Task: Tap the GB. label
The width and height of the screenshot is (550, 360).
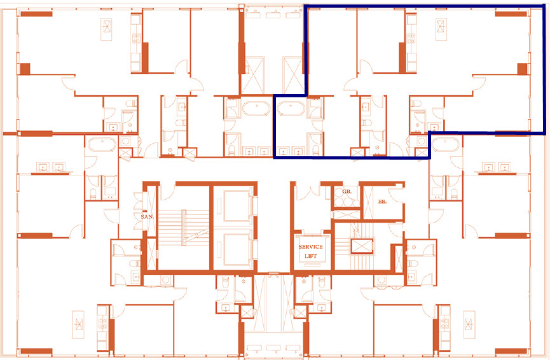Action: [x=347, y=191]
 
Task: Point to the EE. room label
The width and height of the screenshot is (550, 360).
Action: [x=382, y=200]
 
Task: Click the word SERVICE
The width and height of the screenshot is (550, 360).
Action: [x=311, y=247]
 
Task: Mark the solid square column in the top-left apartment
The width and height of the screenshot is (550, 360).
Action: [x=25, y=69]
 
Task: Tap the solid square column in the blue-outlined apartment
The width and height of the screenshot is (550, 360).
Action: [x=523, y=69]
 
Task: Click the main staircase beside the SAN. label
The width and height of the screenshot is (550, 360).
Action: [x=182, y=229]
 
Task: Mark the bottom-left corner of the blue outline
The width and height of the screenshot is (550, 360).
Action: [x=274, y=158]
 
